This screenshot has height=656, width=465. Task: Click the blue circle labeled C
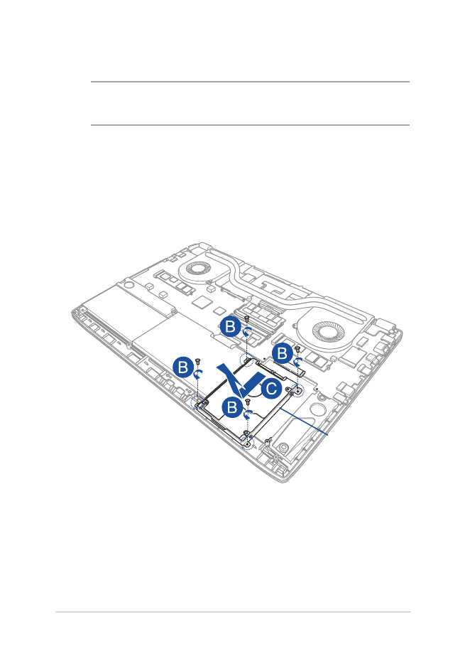[271, 389]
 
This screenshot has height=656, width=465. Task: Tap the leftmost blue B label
[183, 367]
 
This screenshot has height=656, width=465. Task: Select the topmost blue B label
[230, 326]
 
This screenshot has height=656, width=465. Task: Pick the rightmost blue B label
[283, 353]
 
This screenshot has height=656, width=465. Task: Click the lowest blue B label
[232, 407]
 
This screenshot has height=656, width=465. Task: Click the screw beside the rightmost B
[297, 348]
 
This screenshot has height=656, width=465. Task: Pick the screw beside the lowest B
[248, 402]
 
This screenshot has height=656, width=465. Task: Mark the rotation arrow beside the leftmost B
[199, 373]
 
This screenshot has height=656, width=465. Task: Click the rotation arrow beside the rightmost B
[298, 360]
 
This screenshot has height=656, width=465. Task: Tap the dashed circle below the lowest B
[248, 443]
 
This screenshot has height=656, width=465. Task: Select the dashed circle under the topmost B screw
[247, 360]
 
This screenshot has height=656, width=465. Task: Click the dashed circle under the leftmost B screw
[197, 402]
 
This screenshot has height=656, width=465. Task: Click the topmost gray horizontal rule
[250, 82]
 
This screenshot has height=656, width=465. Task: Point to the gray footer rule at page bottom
[233, 612]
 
